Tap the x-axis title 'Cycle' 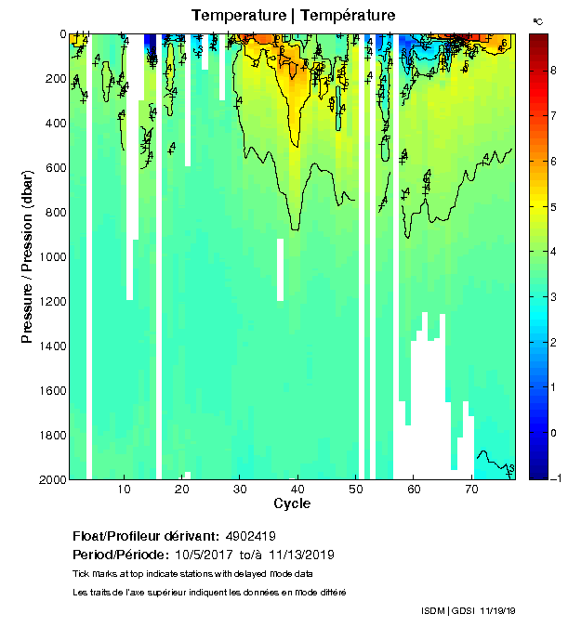point(292,503)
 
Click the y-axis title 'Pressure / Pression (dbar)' point(27,255)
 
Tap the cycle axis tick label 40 point(297,489)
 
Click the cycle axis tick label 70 point(471,489)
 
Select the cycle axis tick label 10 point(124,489)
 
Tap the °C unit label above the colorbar point(537,20)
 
